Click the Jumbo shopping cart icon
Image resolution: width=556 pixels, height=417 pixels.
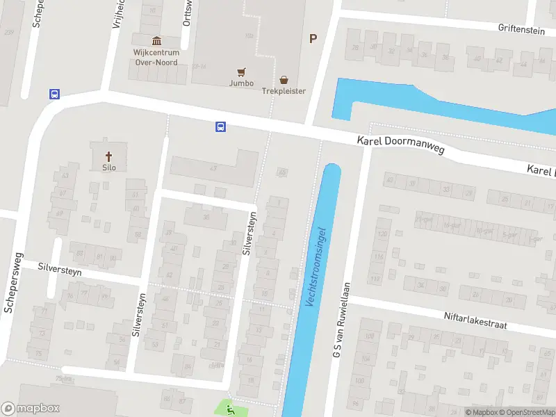pos(241,72)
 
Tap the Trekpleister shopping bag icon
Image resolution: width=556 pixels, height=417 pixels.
pos(284,80)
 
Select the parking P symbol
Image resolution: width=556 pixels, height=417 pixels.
pos(313,39)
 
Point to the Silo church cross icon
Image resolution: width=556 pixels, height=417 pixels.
pos(108,156)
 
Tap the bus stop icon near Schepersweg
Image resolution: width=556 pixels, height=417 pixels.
pos(54,94)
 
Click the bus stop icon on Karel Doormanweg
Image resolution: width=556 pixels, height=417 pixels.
pos(220,126)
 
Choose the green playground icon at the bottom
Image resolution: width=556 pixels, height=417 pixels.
pos(231,410)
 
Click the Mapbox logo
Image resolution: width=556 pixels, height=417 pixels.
pos(30,409)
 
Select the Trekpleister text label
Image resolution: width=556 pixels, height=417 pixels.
pos(284,92)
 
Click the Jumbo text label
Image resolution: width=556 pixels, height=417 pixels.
pos(241,83)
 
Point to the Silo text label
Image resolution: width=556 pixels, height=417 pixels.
pos(108,167)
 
